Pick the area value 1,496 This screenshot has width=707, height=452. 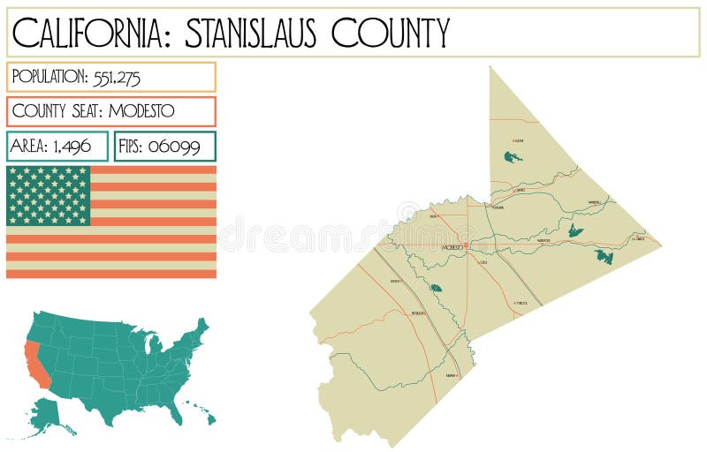[x=72, y=147]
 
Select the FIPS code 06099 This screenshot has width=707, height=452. [x=174, y=147]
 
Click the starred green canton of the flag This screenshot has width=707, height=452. [x=49, y=195]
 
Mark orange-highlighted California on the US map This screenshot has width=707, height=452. [x=34, y=362]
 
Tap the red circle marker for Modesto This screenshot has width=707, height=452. [x=466, y=245]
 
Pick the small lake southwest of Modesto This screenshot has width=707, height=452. [x=435, y=287]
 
